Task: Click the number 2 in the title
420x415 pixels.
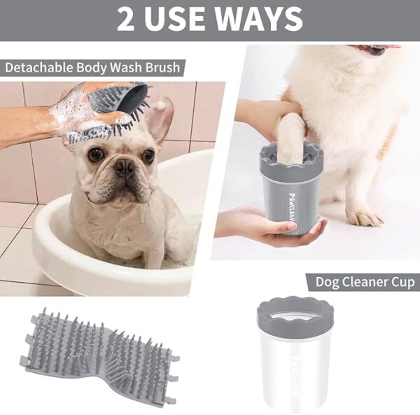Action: coord(125,20)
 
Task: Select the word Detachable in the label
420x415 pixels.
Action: coord(38,67)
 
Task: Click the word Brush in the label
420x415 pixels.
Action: coord(162,67)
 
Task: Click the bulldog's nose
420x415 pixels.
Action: coord(124,166)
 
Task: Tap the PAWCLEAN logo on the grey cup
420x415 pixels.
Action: coord(292,206)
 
